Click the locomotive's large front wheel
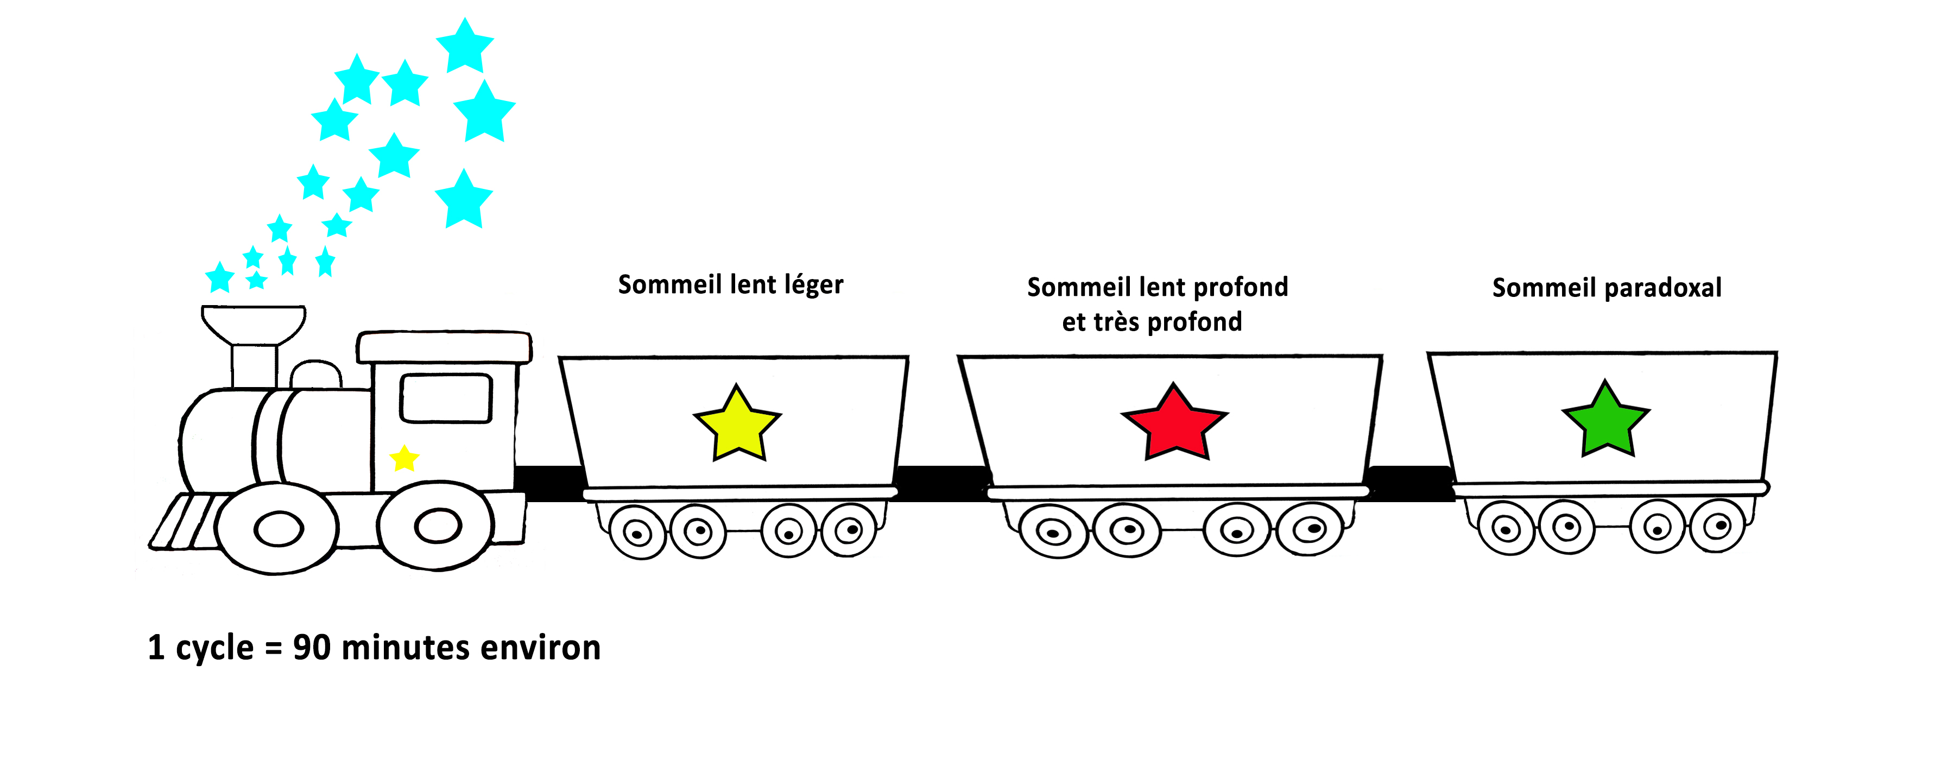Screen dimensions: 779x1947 click(x=277, y=528)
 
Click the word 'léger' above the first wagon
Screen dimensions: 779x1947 click(x=813, y=286)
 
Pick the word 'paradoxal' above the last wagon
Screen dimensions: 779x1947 click(x=1663, y=288)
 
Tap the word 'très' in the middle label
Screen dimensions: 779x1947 click(x=1112, y=322)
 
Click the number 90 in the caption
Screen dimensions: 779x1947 click(x=312, y=648)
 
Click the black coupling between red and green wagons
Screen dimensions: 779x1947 click(x=1409, y=484)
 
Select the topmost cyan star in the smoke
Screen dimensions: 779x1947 click(x=465, y=46)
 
